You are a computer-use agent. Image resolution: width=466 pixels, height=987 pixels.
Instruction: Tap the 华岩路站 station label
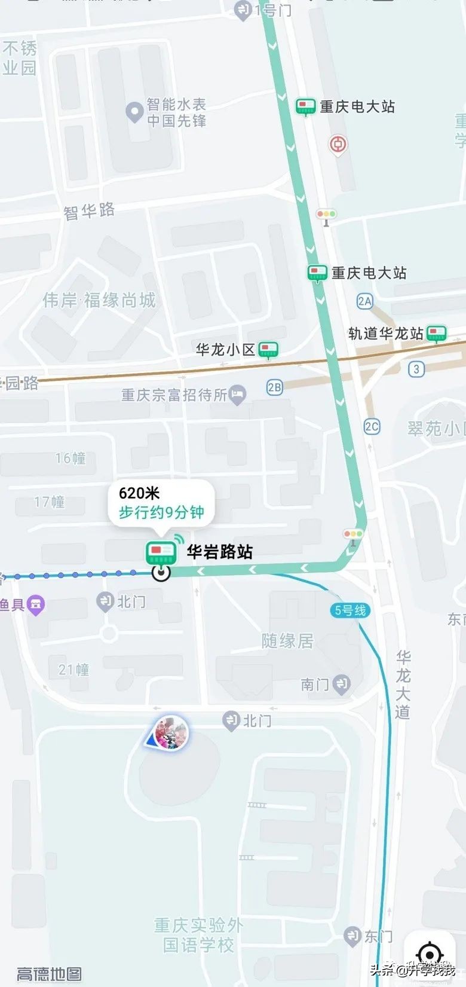(220, 551)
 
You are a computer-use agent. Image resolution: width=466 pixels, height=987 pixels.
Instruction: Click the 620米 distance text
(139, 493)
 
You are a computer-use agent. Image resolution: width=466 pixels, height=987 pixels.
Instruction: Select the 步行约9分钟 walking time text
(161, 512)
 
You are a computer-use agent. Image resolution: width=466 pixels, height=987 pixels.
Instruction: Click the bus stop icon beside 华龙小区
(268, 350)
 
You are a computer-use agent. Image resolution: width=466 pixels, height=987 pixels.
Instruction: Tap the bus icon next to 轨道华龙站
(437, 333)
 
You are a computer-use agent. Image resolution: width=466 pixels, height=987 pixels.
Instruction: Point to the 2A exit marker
(364, 301)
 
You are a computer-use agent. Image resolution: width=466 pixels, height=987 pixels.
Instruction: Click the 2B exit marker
(274, 387)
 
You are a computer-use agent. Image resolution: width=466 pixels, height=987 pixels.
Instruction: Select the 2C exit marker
(372, 426)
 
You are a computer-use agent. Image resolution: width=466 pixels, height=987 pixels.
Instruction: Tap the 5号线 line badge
(350, 610)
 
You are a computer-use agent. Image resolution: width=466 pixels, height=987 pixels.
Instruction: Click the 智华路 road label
(89, 210)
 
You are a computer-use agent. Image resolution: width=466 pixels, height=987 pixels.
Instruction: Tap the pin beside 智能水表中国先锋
(134, 112)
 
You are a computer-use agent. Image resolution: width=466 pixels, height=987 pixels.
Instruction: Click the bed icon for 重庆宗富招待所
(238, 395)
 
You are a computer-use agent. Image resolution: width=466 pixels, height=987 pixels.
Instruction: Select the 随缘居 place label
(287, 641)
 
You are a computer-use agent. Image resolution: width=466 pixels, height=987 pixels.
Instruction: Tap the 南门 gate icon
(341, 684)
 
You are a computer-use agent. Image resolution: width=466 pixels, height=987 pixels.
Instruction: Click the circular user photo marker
(171, 733)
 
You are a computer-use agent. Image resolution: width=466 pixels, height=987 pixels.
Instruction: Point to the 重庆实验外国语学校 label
(198, 935)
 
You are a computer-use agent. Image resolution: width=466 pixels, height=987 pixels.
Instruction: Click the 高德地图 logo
(49, 974)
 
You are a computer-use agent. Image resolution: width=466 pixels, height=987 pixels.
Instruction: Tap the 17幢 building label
(50, 502)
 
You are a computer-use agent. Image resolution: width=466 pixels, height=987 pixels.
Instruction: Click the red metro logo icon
(338, 144)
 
